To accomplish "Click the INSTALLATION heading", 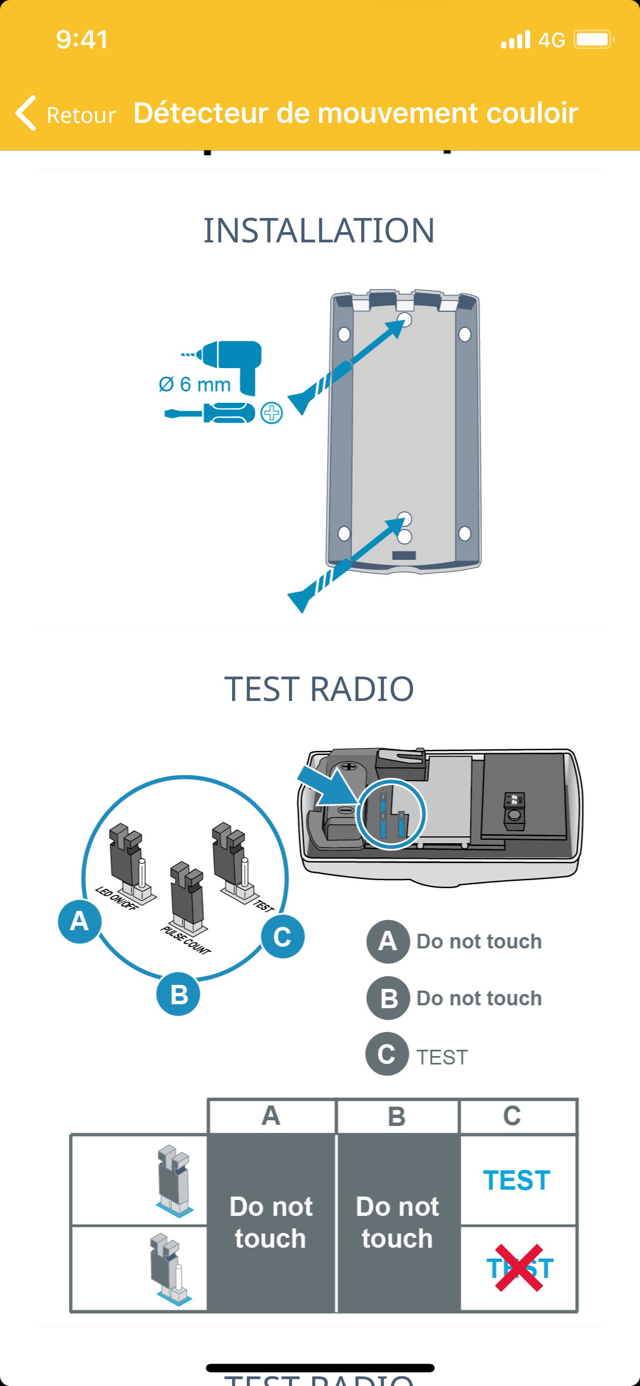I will click(x=319, y=230).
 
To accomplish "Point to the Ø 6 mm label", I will click(x=195, y=385).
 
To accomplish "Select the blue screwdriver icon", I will click(x=210, y=413).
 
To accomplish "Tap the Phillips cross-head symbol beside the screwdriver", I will click(x=271, y=413).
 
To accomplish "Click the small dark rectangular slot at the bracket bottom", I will click(x=404, y=555).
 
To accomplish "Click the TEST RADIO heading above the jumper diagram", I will click(x=319, y=689).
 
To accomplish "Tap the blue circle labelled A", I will click(x=80, y=921).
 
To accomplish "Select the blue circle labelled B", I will click(x=178, y=995).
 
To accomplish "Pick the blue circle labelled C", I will click(x=282, y=937).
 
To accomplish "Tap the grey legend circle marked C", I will click(x=387, y=1054).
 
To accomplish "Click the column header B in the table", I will click(x=397, y=1116).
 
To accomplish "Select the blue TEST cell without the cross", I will click(x=517, y=1180).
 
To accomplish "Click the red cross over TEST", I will click(x=519, y=1268).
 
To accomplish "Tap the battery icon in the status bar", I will click(x=593, y=40).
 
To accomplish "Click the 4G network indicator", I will click(x=551, y=40).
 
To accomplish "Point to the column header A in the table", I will click(x=271, y=1116).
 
